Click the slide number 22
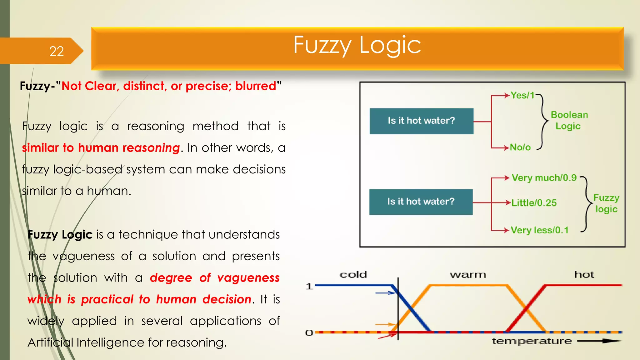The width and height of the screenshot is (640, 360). [x=57, y=51]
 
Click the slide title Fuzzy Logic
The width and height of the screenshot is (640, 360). [x=357, y=45]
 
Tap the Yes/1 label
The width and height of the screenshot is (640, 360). [x=522, y=95]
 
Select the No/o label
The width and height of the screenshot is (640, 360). [x=520, y=147]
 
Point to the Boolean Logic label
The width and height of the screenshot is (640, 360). [x=569, y=120]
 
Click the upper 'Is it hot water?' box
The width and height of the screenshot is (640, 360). [x=421, y=121]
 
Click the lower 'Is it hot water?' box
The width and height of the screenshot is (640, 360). [x=421, y=202]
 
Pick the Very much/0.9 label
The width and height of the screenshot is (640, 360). [x=544, y=178]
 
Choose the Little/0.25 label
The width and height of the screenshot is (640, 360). [x=534, y=203]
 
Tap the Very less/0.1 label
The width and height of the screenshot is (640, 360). [x=540, y=230]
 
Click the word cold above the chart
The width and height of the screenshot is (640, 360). [x=353, y=275]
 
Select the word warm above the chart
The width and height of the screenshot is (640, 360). [x=468, y=275]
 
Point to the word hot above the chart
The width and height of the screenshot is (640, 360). [x=584, y=275]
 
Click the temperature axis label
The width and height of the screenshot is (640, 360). [x=532, y=341]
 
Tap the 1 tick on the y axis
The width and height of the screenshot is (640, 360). [x=309, y=286]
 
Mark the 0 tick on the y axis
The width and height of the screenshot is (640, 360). [x=309, y=333]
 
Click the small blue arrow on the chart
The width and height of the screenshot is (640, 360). [x=385, y=293]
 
